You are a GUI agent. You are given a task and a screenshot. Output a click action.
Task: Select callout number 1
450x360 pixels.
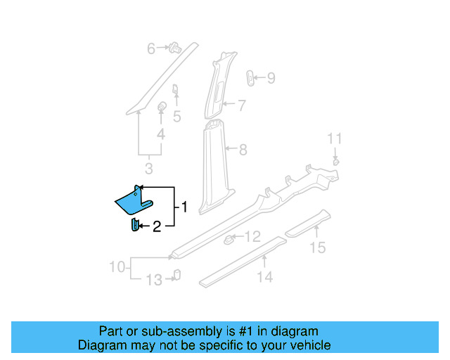tap(184, 207)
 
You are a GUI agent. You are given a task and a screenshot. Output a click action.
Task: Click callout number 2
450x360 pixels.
tap(157, 226)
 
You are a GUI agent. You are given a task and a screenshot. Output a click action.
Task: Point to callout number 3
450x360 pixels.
tap(149, 169)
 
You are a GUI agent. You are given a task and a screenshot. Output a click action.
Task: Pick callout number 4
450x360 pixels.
tap(161, 134)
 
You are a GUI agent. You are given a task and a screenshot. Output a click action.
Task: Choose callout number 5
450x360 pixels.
tap(177, 117)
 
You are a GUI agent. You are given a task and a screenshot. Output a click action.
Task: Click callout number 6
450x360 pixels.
tap(150, 49)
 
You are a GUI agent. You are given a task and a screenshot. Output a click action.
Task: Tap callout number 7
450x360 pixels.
tap(241, 106)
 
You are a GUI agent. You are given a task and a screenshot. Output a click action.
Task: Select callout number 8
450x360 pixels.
tap(243, 149)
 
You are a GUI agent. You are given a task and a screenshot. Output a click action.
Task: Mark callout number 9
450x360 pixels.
tap(271, 78)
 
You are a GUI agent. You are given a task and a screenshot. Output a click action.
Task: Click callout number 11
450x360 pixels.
tap(335, 138)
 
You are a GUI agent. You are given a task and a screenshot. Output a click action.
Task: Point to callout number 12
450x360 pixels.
tap(252, 237)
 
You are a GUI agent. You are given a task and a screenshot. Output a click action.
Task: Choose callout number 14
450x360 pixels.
tap(264, 277)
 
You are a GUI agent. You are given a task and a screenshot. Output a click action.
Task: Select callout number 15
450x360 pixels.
tap(319, 247)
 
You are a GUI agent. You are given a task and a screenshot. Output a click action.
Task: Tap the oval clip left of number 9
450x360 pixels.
tap(250, 77)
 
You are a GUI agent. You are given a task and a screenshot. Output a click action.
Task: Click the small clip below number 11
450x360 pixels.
tap(336, 162)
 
